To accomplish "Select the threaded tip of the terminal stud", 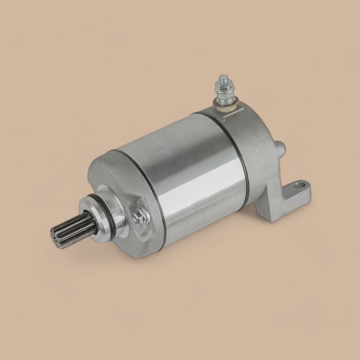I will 223,80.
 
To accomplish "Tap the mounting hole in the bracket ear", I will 302,187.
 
